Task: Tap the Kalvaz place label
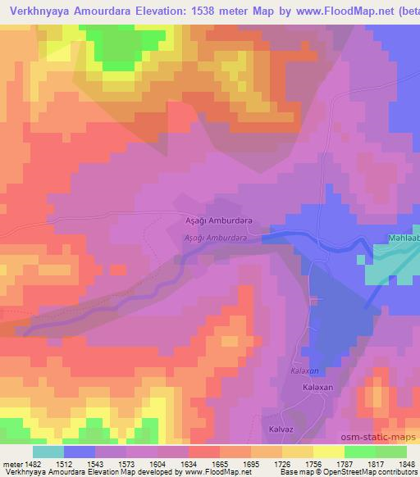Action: tap(282, 428)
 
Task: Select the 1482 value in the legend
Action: tap(31, 463)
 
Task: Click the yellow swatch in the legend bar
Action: tap(328, 452)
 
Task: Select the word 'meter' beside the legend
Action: tap(10, 463)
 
